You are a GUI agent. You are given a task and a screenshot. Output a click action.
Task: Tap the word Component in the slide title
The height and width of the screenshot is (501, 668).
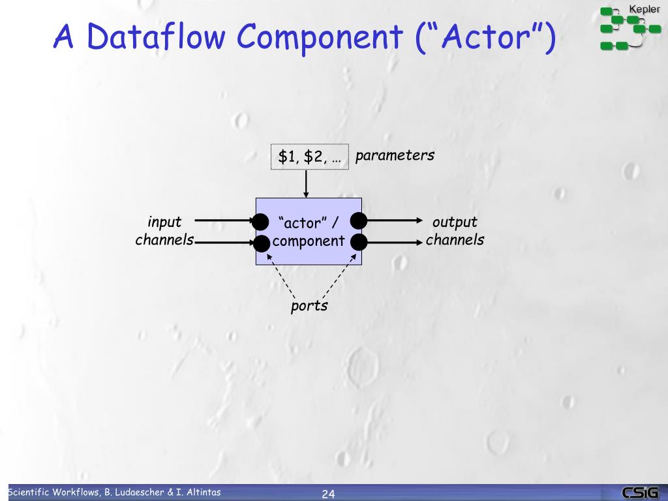(320, 37)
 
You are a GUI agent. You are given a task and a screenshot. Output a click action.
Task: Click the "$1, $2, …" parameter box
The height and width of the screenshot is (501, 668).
(310, 157)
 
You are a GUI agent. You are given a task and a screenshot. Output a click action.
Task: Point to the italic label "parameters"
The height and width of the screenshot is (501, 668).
(395, 155)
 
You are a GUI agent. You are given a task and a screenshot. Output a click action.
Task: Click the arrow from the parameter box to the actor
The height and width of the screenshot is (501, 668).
(305, 183)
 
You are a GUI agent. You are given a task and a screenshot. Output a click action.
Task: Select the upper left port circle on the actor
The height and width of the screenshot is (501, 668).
(261, 221)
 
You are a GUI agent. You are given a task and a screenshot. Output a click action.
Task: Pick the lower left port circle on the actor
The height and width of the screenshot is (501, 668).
(261, 243)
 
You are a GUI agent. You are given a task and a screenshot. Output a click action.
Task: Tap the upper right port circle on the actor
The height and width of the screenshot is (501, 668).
(359, 220)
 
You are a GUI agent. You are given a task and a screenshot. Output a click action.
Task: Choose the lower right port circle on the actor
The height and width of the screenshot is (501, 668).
(359, 243)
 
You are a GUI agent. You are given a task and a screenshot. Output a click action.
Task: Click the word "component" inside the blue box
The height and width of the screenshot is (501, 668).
(309, 241)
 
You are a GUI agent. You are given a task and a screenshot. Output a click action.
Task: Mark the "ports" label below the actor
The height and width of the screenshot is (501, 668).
(309, 306)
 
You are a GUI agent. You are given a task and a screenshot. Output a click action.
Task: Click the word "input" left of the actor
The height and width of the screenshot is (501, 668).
(164, 222)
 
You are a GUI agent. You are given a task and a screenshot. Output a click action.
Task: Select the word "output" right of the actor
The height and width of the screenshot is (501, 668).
(455, 222)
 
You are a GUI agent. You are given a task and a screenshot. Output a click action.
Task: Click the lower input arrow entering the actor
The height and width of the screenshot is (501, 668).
(225, 243)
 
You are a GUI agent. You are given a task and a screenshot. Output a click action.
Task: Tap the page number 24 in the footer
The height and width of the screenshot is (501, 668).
(328, 494)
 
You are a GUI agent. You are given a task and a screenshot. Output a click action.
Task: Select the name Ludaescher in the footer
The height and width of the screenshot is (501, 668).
(139, 492)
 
